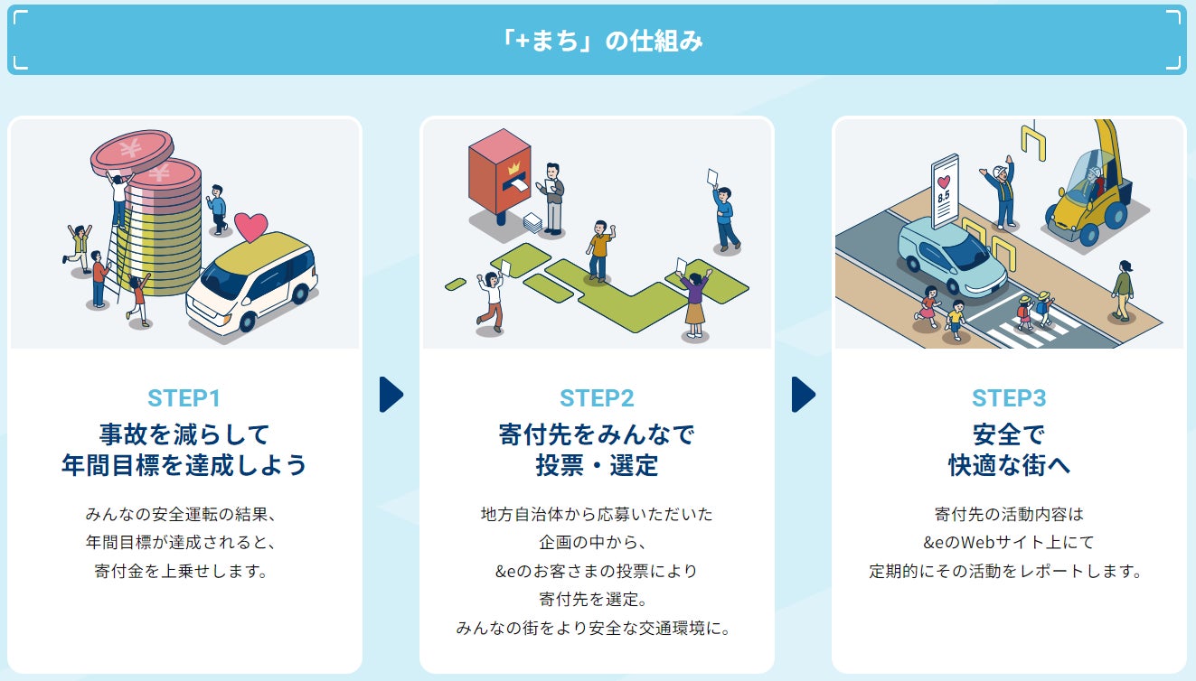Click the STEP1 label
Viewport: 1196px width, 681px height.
click(x=184, y=397)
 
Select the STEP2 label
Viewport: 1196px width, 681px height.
click(x=597, y=397)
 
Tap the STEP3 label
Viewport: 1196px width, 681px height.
click(x=1008, y=397)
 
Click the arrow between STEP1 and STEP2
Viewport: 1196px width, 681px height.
click(x=391, y=395)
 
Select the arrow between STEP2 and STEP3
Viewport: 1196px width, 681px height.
click(x=803, y=395)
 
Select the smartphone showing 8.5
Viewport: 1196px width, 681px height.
click(x=944, y=191)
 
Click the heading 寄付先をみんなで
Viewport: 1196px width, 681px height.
click(x=597, y=434)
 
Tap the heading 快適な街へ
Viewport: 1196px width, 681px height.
click(x=1008, y=465)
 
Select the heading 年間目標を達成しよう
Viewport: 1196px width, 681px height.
click(x=184, y=465)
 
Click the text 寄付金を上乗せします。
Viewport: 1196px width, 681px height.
click(x=184, y=571)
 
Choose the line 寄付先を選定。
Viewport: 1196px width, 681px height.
click(x=597, y=599)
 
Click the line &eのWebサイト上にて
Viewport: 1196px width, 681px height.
click(x=1008, y=543)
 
